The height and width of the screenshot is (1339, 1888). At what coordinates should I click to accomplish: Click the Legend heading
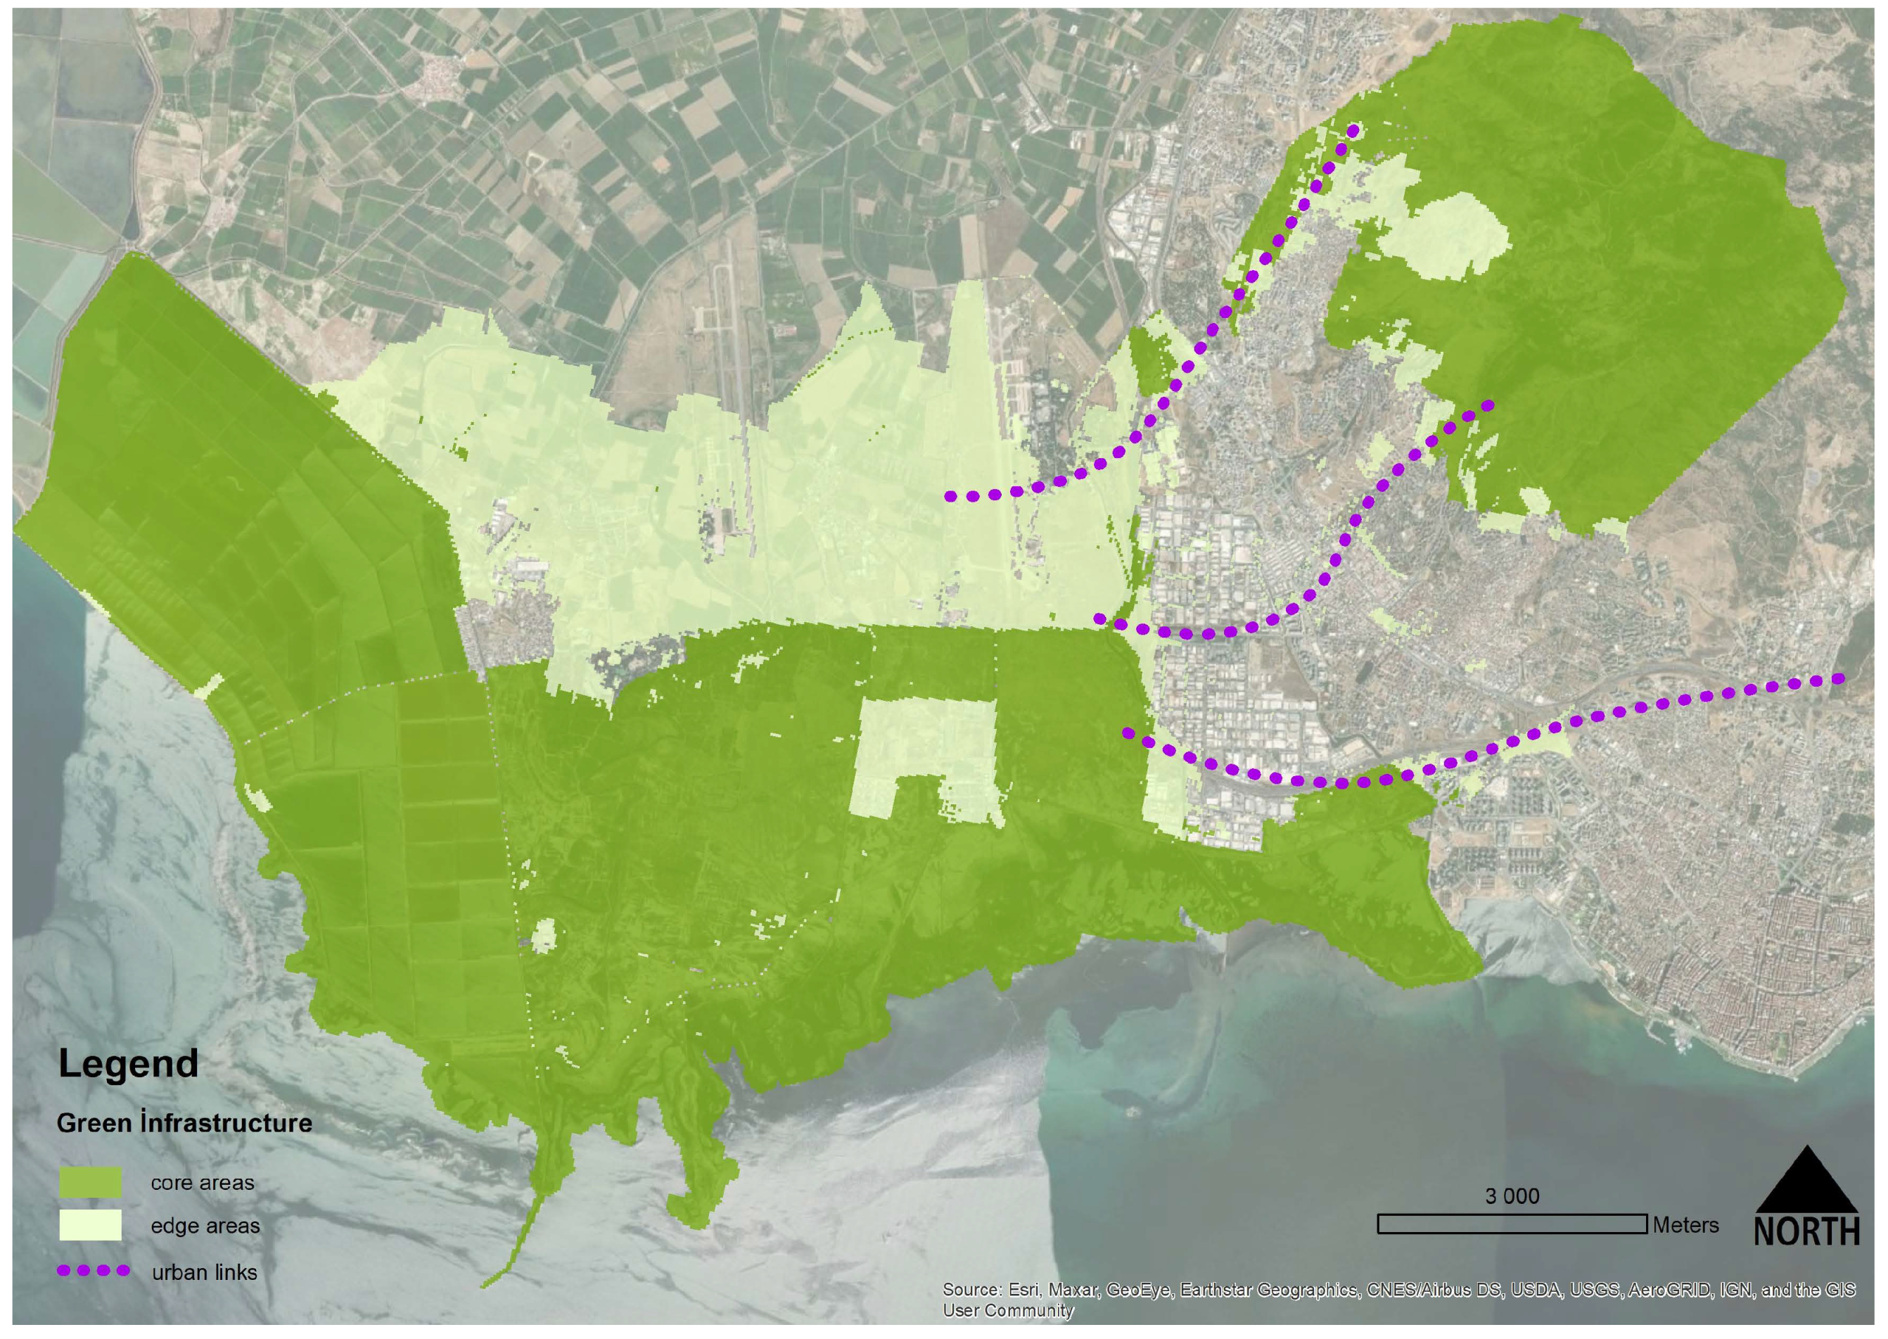click(128, 1064)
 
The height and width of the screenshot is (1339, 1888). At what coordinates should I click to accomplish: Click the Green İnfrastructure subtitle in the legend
click(184, 1123)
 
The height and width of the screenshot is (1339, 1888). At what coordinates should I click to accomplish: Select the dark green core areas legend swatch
click(90, 1182)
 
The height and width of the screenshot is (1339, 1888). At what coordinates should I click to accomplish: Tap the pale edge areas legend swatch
click(90, 1225)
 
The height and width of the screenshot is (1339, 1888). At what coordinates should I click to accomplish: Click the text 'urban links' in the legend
click(205, 1272)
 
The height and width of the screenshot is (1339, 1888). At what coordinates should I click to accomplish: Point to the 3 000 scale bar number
click(1512, 1195)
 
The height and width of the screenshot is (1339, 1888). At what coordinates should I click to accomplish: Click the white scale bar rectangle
click(1512, 1224)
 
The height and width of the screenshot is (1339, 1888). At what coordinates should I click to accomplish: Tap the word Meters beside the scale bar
click(1685, 1225)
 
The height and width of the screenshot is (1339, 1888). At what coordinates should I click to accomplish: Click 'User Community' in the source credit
click(1007, 1310)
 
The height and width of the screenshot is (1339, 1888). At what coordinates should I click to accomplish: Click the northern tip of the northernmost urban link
click(1353, 129)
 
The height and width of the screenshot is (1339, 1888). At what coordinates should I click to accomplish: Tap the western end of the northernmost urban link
click(951, 496)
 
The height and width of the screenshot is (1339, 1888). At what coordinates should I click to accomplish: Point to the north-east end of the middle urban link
click(1488, 405)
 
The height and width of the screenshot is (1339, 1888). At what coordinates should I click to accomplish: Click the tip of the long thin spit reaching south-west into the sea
click(485, 1307)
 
